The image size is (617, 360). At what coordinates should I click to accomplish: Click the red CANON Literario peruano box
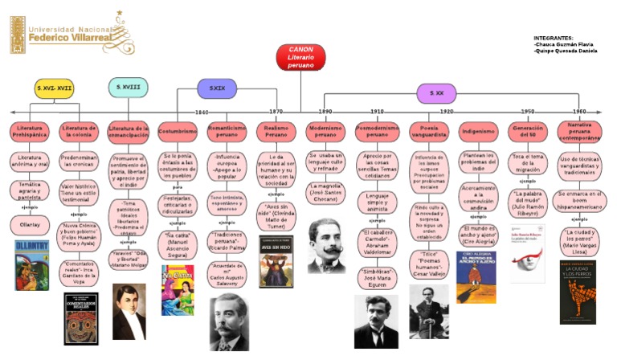coord(301,57)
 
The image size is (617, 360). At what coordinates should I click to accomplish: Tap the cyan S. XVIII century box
coord(129,87)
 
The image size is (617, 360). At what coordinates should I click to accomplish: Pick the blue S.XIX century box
coord(217,88)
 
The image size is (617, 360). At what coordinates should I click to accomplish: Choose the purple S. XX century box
coord(437,93)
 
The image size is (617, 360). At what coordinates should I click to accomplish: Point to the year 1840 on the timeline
coord(202,112)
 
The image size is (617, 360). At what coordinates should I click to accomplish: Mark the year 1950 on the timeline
coord(528,112)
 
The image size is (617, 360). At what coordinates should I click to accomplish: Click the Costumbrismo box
coord(178,131)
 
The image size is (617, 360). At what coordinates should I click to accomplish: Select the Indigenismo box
coord(479,131)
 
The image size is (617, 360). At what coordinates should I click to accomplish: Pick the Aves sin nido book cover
coord(276,261)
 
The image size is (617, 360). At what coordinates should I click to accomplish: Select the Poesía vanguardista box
coord(428,132)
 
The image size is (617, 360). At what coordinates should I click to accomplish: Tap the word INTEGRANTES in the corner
coord(554,38)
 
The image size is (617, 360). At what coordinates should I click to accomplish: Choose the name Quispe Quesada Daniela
coord(566,51)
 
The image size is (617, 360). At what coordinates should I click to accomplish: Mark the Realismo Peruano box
coord(276,132)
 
